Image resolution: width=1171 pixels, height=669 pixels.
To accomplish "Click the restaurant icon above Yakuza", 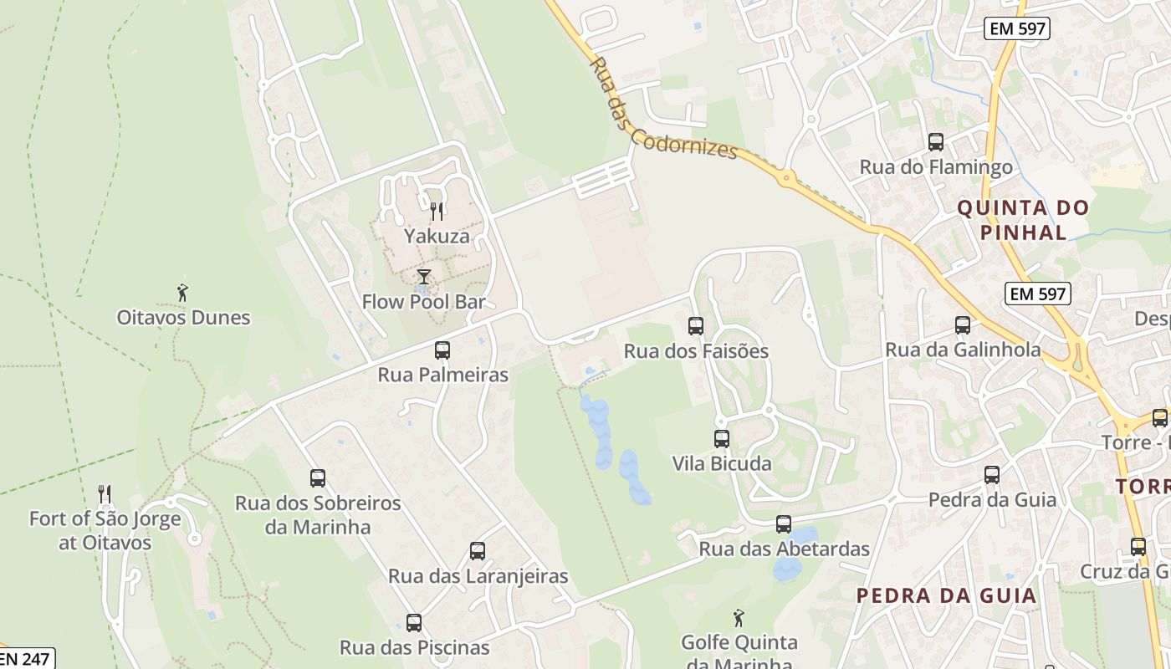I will (436, 212).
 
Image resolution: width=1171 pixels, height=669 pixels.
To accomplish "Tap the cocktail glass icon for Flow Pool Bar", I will (424, 277).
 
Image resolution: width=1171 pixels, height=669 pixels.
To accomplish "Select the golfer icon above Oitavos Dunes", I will (183, 293).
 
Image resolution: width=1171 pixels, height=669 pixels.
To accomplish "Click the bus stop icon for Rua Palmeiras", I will (442, 350).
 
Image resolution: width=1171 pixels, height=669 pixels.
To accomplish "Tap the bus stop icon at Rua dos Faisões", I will (696, 326).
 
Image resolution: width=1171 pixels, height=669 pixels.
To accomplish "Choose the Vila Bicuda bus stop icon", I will (722, 438).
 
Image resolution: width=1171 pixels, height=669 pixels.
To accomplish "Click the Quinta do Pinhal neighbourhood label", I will (1023, 220).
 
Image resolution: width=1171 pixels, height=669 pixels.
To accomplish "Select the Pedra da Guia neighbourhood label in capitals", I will (947, 595).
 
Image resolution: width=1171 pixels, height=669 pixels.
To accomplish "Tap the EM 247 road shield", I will (25, 658).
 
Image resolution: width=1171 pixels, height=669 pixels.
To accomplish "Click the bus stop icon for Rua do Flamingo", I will (936, 142).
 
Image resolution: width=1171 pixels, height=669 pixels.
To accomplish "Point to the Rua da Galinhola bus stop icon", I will (963, 325).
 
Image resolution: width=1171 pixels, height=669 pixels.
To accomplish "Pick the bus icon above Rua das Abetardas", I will (784, 524).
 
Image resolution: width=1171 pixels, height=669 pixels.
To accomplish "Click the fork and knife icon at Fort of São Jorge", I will (105, 494).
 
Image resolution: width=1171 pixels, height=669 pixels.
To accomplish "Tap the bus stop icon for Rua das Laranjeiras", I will (478, 551).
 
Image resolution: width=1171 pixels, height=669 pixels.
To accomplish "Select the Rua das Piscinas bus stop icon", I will (414, 623).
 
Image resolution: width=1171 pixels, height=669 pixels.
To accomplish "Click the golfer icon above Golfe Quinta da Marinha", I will (739, 618).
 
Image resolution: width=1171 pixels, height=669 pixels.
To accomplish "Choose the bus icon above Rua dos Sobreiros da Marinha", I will (318, 478).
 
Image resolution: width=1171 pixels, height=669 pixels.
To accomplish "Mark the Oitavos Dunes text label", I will (183, 318).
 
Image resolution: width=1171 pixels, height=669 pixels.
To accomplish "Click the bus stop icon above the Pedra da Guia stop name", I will (992, 475).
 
